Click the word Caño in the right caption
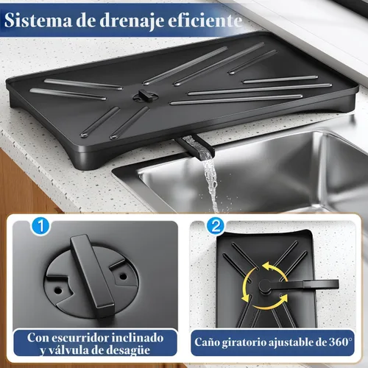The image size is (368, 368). [x=210, y=342]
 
